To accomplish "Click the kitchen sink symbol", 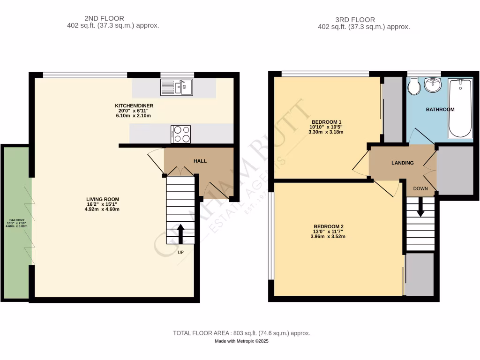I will click(x=176, y=87).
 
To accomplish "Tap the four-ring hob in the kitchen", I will click(x=181, y=134).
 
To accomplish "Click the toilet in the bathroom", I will click(x=413, y=86).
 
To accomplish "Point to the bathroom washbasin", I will click(x=433, y=85).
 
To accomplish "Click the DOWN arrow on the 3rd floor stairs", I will click(x=420, y=207).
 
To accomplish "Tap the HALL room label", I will click(x=200, y=161).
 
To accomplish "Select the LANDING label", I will click(x=403, y=163).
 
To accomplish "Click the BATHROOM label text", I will click(x=440, y=110).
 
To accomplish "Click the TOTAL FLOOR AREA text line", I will click(x=241, y=333).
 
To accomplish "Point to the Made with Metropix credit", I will click(x=241, y=341).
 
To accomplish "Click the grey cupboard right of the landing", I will click(x=454, y=170).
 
